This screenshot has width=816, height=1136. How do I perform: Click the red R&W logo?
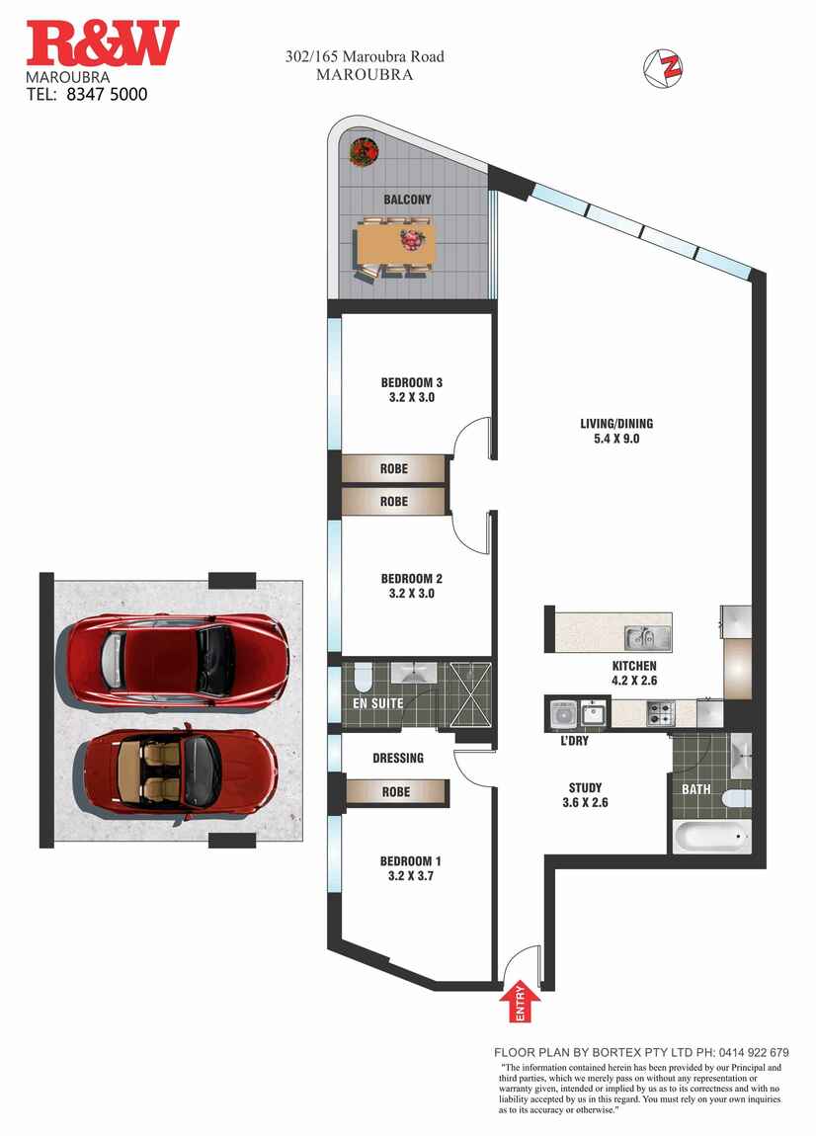click(102, 43)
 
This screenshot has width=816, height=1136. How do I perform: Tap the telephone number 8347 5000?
click(107, 94)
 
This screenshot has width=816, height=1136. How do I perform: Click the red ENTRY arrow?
click(521, 1001)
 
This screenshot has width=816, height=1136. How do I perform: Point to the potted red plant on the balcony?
click(364, 151)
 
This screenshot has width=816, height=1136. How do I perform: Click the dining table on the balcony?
click(395, 244)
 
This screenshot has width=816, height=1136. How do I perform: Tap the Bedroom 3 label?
click(412, 382)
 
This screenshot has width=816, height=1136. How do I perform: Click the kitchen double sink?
click(649, 638)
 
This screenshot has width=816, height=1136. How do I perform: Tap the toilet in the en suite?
click(363, 678)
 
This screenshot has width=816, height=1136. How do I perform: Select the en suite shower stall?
click(469, 694)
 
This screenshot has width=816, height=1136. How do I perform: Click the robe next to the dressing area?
click(396, 792)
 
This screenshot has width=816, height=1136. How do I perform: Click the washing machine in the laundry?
click(563, 714)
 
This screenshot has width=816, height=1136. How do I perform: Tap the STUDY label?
click(586, 787)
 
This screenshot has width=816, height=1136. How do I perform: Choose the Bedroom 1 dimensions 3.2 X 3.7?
click(411, 876)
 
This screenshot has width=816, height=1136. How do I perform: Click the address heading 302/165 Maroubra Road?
click(365, 56)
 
